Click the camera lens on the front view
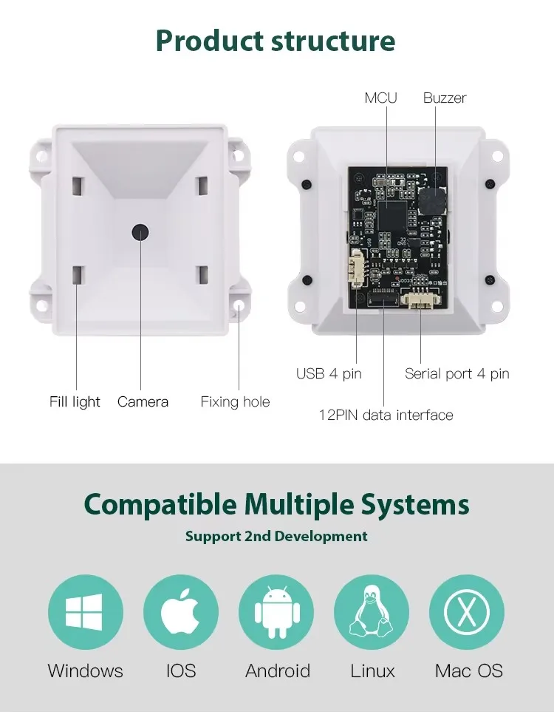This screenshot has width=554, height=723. (x=140, y=231)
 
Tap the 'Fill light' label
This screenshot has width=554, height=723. (x=75, y=402)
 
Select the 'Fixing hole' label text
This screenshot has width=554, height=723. (x=235, y=402)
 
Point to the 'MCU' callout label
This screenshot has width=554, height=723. (x=380, y=98)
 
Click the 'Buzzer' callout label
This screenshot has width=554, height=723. (x=445, y=98)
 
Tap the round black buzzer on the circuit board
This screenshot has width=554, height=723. (x=433, y=197)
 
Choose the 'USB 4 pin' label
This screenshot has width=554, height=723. (x=329, y=374)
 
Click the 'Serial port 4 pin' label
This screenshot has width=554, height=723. (x=456, y=374)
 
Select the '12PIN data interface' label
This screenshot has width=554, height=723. (x=386, y=415)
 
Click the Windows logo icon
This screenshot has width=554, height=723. (x=85, y=612)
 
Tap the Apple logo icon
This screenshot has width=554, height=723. (x=181, y=612)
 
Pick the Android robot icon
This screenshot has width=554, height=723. (x=276, y=612)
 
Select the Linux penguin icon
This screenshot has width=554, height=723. (x=372, y=612)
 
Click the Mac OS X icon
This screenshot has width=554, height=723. (x=467, y=612)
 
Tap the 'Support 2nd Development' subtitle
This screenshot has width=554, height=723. (x=276, y=536)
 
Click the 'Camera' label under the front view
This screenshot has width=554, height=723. (x=143, y=402)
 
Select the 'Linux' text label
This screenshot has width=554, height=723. (x=372, y=671)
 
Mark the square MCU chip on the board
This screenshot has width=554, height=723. (x=394, y=214)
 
